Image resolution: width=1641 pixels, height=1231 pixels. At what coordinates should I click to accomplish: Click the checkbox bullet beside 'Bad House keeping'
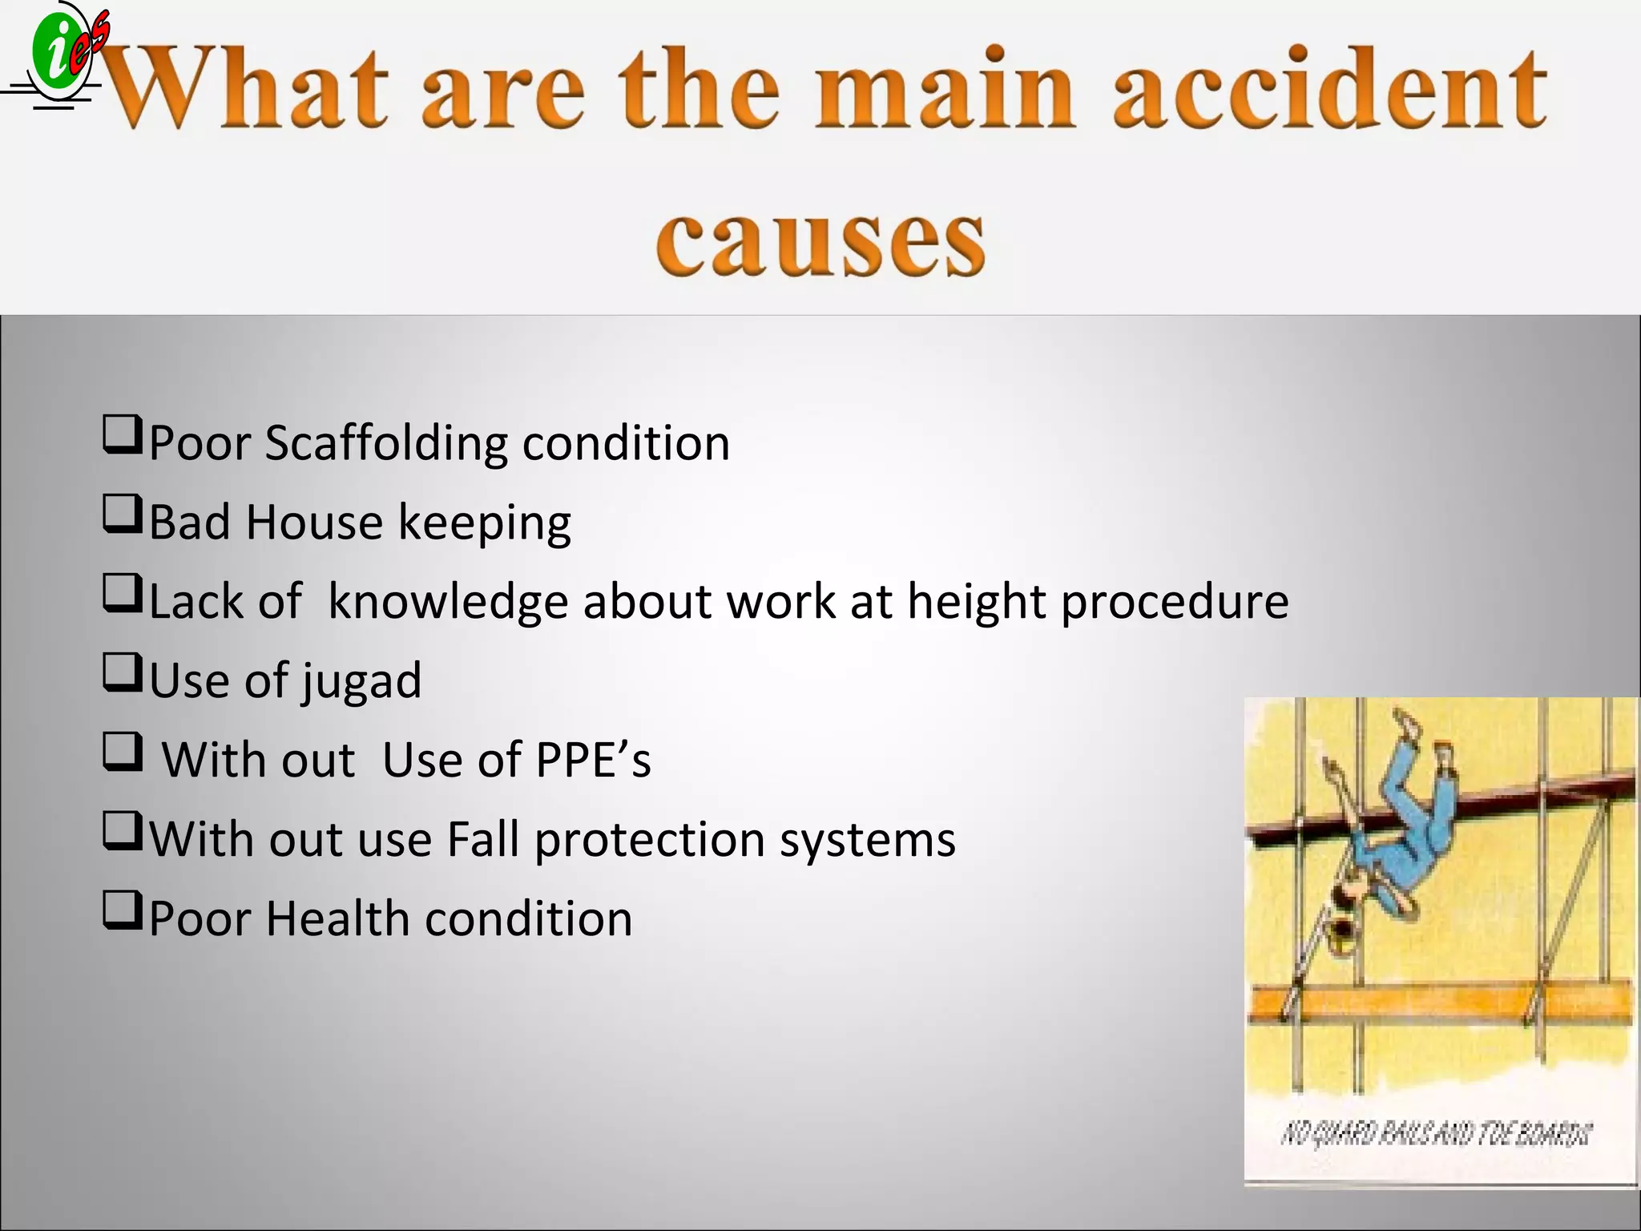tap(123, 515)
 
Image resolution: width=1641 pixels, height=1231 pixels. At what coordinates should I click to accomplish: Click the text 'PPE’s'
tap(593, 760)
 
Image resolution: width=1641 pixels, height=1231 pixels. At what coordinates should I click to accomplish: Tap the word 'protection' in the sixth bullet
tap(649, 840)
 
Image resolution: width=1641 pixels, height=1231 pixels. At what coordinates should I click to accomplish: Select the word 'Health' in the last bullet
tap(337, 918)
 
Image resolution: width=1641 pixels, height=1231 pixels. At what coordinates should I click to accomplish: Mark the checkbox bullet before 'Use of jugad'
tap(123, 673)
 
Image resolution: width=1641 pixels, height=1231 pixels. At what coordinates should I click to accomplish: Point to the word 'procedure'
tap(1175, 602)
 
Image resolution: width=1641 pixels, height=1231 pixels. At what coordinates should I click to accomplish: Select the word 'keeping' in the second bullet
tap(485, 523)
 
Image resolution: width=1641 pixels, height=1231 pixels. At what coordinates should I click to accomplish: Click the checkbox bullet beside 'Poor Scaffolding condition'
tap(123, 435)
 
